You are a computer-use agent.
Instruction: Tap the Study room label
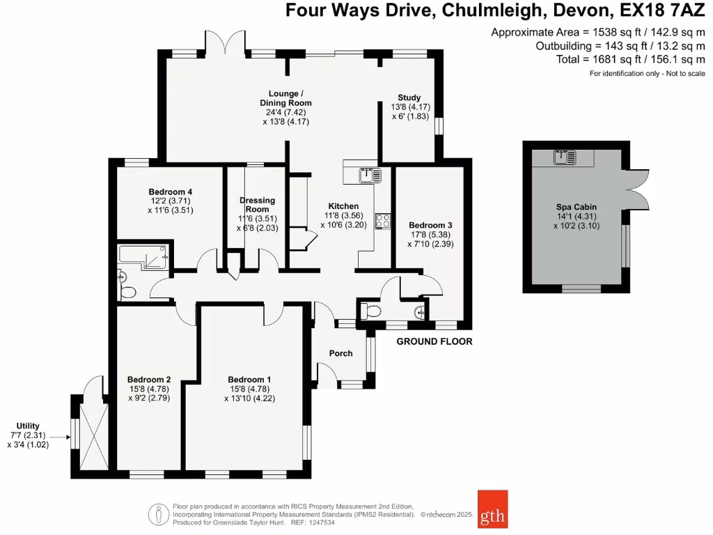tap(409, 98)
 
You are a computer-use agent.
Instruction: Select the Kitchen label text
tap(343, 206)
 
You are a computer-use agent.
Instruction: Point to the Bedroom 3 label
tap(430, 225)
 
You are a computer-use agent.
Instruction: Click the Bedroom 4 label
tap(170, 192)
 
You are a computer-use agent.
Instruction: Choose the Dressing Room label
tap(257, 205)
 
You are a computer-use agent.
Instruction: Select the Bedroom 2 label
tap(149, 379)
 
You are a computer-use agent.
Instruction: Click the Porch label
tap(340, 353)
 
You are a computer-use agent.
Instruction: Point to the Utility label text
tap(29, 426)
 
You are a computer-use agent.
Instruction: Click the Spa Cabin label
tap(576, 207)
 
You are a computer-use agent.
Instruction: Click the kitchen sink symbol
tap(367, 175)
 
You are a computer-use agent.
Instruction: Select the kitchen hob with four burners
tap(382, 221)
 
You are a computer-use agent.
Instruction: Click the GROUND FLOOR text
tap(434, 341)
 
